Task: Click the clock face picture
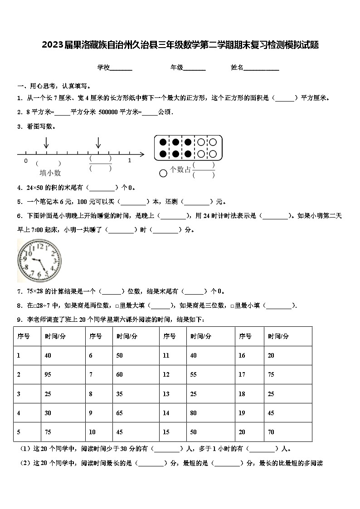click(39, 260)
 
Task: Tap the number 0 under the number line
click(26, 160)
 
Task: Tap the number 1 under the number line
click(129, 160)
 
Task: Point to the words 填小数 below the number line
click(50, 173)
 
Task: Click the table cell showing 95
click(48, 374)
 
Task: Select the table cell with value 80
click(194, 413)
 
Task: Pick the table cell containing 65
click(120, 413)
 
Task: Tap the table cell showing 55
click(194, 374)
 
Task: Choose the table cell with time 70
click(271, 432)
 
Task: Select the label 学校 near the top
click(103, 68)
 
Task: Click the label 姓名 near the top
click(237, 68)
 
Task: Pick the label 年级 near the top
click(177, 68)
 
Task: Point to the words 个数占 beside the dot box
click(180, 170)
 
